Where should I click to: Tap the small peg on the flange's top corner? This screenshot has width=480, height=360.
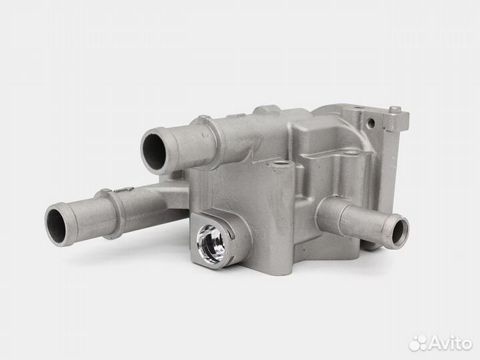point(395,108)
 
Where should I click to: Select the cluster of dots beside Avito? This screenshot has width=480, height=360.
point(418,341)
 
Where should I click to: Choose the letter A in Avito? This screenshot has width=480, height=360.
point(432,341)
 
